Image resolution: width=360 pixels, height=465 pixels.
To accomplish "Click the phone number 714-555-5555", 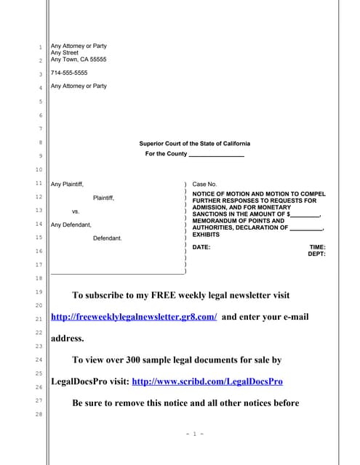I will coord(69,73).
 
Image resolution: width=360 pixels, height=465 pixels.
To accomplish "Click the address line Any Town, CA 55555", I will coord(78,60).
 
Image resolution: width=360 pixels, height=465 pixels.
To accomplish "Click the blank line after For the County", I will coord(216,155).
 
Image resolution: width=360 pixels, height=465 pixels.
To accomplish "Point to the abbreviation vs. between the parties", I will coord(75,211).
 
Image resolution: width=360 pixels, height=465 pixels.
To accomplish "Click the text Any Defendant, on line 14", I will coord(71,225).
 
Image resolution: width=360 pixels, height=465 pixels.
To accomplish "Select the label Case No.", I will coord(204,185).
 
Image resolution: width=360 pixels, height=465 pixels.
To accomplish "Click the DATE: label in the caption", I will coord(201,247).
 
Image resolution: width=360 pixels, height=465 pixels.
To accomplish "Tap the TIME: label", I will coord(317,247).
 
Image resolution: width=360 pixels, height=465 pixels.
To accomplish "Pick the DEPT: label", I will coord(316,254).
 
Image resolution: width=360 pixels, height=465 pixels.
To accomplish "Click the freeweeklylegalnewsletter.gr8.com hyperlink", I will coord(134,318).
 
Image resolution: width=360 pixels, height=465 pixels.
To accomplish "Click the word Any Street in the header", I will coord(64,52).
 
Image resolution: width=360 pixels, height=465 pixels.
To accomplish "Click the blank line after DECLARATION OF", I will coord(305,228).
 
